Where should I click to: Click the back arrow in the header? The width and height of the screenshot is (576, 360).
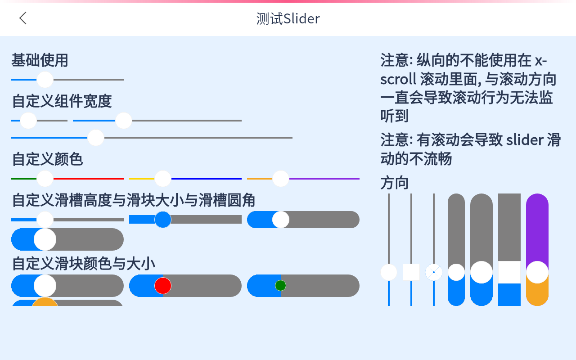pos(23,18)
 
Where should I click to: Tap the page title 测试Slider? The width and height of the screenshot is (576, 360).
pos(288,19)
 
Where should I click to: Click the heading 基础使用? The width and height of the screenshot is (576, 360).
pos(40,60)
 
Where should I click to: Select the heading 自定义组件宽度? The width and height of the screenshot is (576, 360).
pos(62,101)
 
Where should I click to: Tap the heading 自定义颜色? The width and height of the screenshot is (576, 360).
pos(47,159)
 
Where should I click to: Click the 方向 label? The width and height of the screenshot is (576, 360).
pos(395,183)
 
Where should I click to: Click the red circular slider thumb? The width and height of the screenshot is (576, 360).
pos(163,286)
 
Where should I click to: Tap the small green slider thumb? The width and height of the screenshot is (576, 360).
pos(280,285)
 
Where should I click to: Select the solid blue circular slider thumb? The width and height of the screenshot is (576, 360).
pos(163,220)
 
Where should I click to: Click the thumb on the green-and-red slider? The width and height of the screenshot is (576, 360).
pos(45,179)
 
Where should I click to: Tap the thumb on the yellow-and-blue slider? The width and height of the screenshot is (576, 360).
pos(163,179)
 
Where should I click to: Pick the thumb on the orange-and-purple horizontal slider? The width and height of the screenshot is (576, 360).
pos(281,179)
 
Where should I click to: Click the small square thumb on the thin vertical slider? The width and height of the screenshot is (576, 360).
pos(411,272)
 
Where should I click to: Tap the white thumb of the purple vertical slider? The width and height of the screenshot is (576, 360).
pos(537,272)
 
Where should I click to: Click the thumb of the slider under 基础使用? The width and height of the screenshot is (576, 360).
pos(45,80)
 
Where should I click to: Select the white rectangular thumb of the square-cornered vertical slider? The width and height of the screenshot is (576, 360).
pos(509,272)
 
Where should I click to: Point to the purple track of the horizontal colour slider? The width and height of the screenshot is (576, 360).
pos(324,179)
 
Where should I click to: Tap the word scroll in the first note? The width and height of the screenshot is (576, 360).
pos(398,79)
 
